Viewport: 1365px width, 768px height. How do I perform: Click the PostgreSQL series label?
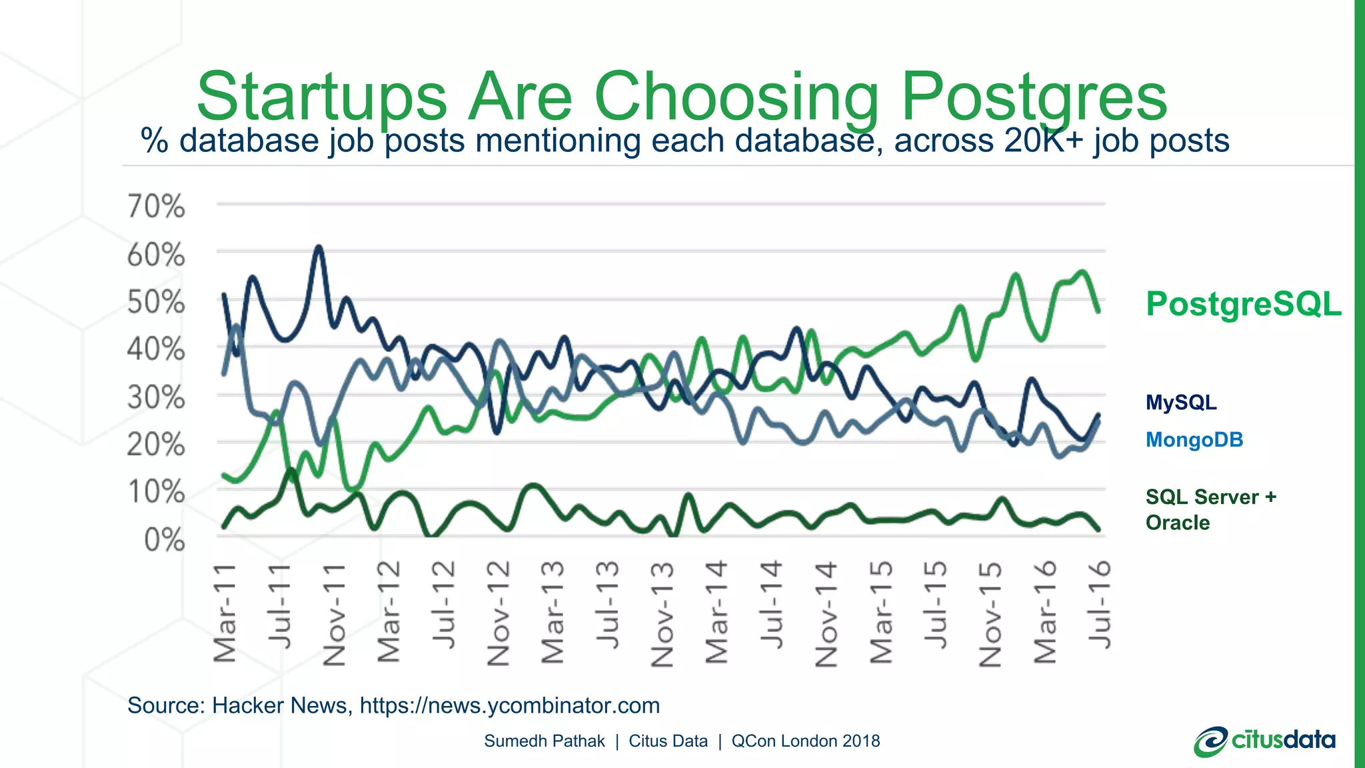coord(1243,305)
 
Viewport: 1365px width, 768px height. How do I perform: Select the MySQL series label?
coord(1181,403)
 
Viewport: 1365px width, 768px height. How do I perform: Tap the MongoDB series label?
coord(1194,440)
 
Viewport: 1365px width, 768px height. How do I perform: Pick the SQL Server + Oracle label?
coord(1210,510)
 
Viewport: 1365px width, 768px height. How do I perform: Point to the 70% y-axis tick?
coord(156,206)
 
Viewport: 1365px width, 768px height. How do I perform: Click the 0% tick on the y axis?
coord(164,540)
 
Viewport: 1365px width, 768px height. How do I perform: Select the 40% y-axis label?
coord(156,349)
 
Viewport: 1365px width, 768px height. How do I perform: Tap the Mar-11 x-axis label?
coord(225,613)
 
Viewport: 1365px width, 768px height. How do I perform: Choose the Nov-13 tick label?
coord(663,615)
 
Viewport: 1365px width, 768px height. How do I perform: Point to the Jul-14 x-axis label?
coord(772,605)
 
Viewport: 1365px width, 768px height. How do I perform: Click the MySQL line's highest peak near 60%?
coord(319,248)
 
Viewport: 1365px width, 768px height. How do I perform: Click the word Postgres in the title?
coord(1033,97)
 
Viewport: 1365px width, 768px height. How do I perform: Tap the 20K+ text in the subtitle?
coord(1044,141)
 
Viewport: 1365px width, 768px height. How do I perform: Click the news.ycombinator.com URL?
coord(510,705)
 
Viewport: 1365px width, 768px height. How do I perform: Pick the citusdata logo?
coord(1264,741)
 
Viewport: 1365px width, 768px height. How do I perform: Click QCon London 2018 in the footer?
coord(805,741)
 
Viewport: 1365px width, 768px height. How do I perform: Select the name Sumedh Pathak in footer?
coord(544,741)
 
